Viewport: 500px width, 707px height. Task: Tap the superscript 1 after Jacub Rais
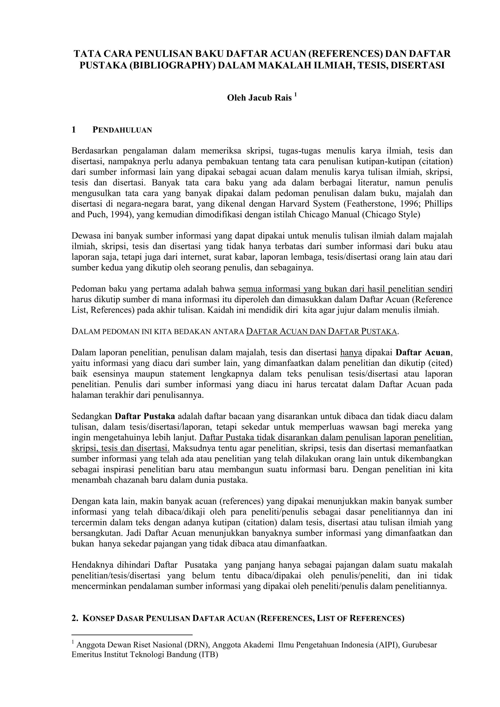[295, 95]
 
